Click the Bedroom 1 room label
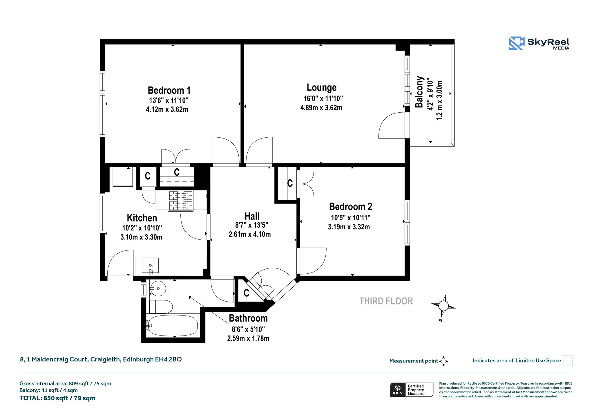click(x=169, y=90)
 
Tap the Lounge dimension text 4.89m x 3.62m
click(x=321, y=108)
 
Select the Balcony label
click(x=419, y=92)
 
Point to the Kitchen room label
click(x=142, y=218)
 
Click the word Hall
click(x=252, y=216)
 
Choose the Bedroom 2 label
click(x=350, y=207)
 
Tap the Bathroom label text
click(x=248, y=318)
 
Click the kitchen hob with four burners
click(x=181, y=201)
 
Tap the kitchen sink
click(x=150, y=265)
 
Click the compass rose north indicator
click(x=443, y=307)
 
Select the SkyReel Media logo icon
click(x=517, y=43)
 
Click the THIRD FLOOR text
click(x=386, y=301)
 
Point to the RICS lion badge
click(x=397, y=390)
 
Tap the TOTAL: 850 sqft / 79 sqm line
click(x=57, y=398)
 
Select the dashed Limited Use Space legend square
click(x=568, y=360)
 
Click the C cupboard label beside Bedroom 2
click(x=290, y=183)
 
